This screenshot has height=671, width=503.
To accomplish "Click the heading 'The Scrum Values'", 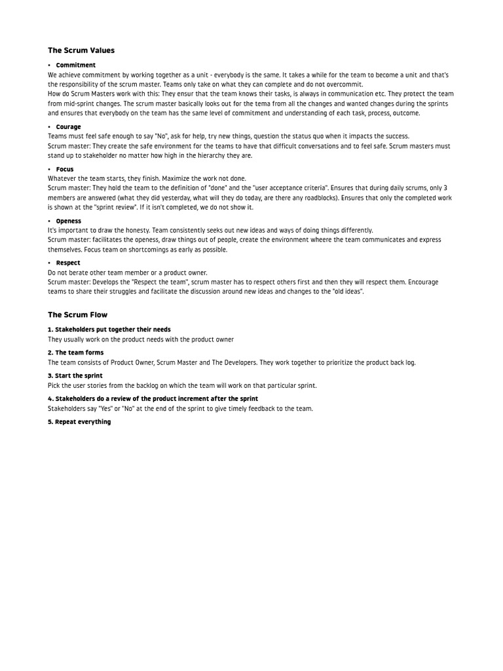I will click(x=81, y=50).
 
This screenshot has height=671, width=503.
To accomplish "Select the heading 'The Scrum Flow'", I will click(x=77, y=315).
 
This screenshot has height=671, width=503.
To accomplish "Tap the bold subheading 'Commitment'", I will click(x=75, y=66).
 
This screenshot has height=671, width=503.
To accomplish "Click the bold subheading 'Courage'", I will click(x=68, y=127).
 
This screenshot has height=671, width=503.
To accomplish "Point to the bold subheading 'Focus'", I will click(x=65, y=169).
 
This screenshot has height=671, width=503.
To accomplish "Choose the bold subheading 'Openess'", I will click(x=69, y=221).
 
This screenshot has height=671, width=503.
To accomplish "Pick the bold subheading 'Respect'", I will click(x=68, y=263).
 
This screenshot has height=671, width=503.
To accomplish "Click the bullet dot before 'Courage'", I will click(x=49, y=127).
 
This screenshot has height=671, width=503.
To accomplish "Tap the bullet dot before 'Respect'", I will click(x=49, y=263).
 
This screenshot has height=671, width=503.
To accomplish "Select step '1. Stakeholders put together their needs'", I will click(x=109, y=330).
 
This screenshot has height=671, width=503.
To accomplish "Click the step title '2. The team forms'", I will click(x=75, y=353).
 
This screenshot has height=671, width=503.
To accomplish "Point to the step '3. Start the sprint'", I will click(x=75, y=376).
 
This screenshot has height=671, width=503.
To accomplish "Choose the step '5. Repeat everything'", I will click(x=79, y=422).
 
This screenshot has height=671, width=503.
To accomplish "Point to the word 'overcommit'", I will click(x=345, y=85).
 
